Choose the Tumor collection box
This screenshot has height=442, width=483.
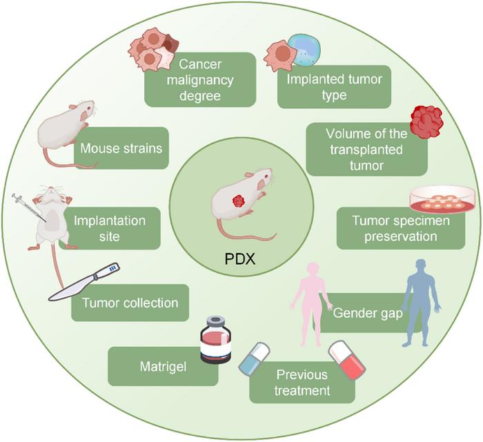(x=130, y=303)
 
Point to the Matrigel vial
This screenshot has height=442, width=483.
(x=215, y=340)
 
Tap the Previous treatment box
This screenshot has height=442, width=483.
(x=303, y=383)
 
